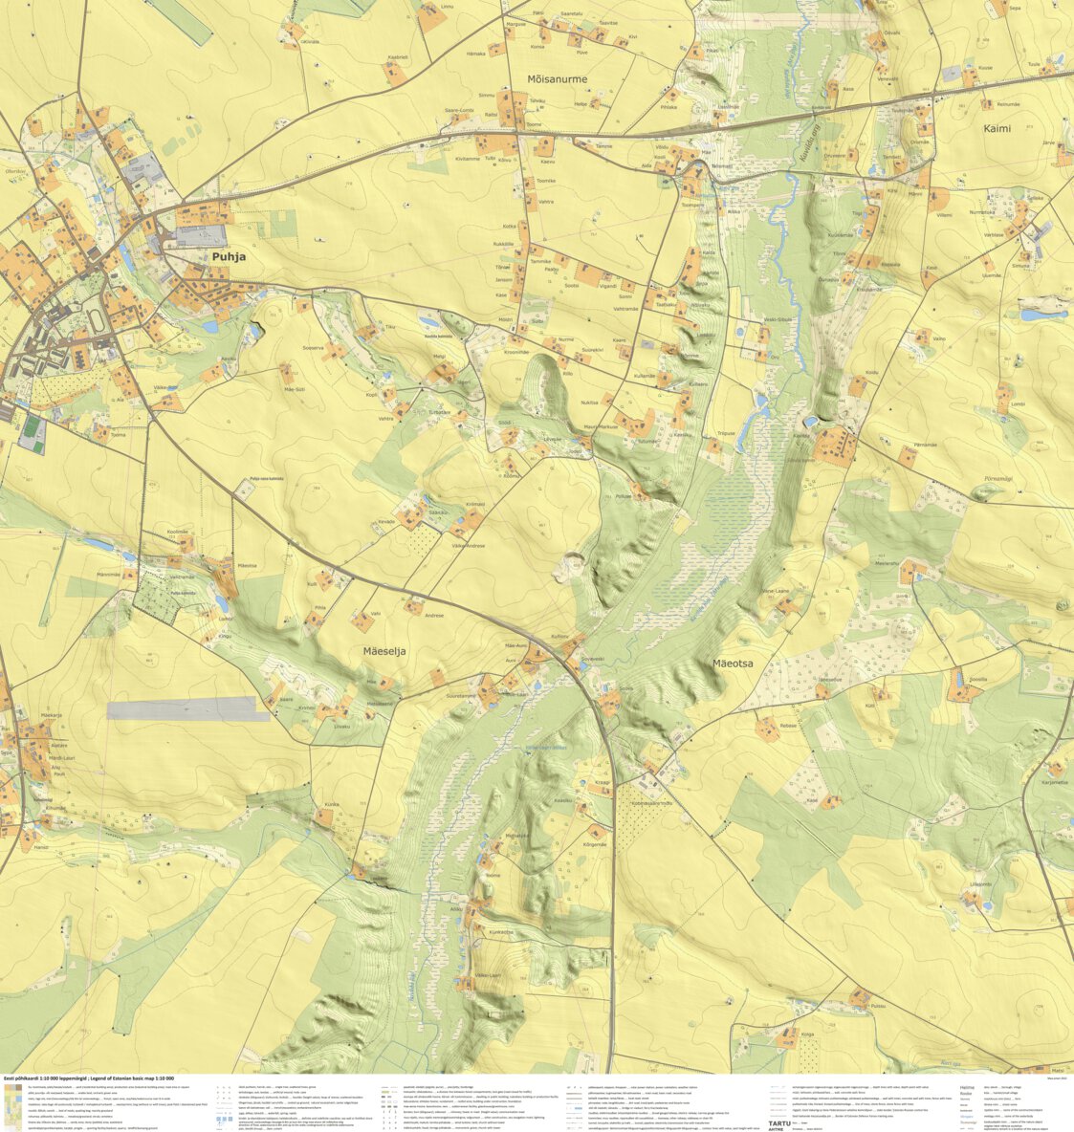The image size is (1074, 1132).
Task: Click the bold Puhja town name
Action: pyautogui.click(x=230, y=257)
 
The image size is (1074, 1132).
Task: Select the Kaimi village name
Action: pyautogui.click(x=997, y=128)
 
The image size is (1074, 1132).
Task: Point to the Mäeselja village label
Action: pyautogui.click(x=384, y=651)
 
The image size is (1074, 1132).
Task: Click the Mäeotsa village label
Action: pyautogui.click(x=733, y=662)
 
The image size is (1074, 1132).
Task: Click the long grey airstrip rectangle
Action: pyautogui.click(x=187, y=708)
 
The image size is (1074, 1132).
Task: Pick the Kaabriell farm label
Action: pyautogui.click(x=397, y=57)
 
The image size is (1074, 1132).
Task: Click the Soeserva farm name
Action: pyautogui.click(x=313, y=348)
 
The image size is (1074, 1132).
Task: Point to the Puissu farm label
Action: pyautogui.click(x=879, y=1005)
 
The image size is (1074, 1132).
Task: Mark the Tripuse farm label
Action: pyautogui.click(x=727, y=433)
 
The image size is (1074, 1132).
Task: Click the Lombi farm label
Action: pyautogui.click(x=1018, y=404)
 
